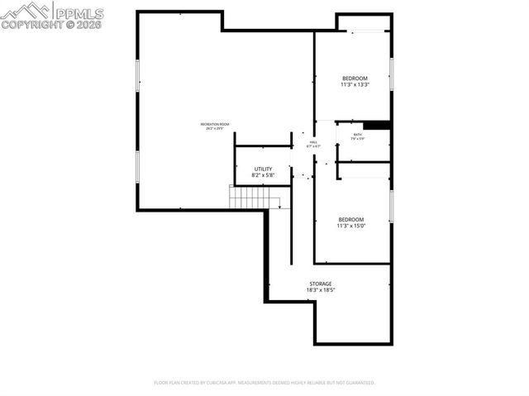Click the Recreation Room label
coord(214,124)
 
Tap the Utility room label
coord(263,169)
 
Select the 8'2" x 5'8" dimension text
coord(263,175)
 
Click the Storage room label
coord(321,284)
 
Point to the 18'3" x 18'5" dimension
coord(321,290)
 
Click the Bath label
coord(357,135)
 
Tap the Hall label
coord(313,142)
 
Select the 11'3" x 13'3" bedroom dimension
coord(354,84)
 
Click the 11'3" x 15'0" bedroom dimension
coord(350,226)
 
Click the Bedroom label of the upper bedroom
coord(354,78)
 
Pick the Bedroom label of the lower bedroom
coord(350,219)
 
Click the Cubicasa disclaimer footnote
coord(264,383)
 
